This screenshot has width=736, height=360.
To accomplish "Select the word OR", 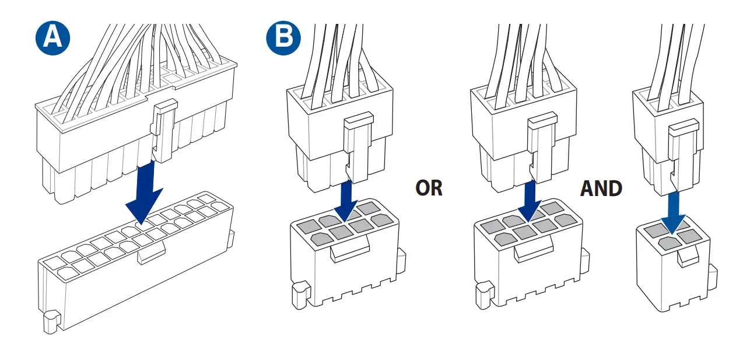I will (x=429, y=188).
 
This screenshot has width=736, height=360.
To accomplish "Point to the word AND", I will (x=601, y=188).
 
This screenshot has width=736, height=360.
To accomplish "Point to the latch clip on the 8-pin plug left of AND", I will (x=541, y=146).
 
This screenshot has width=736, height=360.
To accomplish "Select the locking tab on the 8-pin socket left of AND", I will (x=533, y=252).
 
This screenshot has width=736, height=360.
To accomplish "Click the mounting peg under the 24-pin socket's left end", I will (x=52, y=321).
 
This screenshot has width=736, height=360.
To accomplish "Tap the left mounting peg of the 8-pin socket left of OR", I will (x=299, y=295).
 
